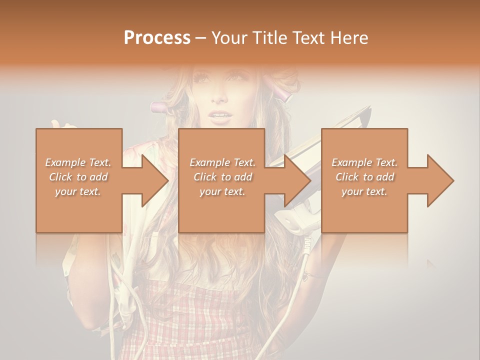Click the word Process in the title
click(157, 38)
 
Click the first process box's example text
click(78, 177)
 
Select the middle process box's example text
click(222, 177)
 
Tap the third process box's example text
click(364, 177)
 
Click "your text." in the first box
click(78, 191)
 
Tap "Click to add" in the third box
click(364, 177)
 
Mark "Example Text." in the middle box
click(222, 162)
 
